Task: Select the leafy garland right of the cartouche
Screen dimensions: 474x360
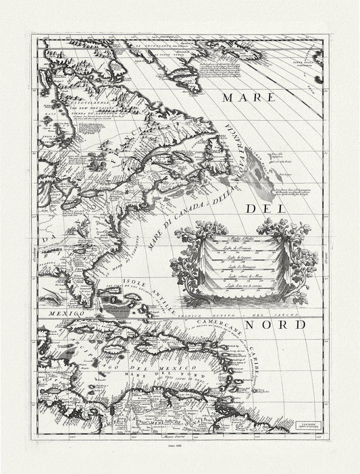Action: tap(303, 260)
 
